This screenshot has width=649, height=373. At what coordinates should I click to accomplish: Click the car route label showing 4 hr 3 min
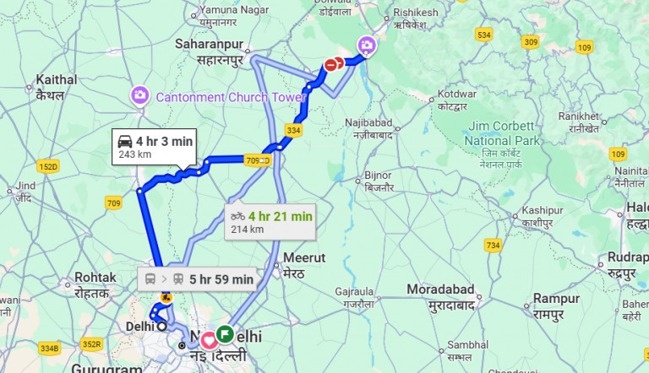(155, 148)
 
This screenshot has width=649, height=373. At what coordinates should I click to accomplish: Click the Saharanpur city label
(210, 51)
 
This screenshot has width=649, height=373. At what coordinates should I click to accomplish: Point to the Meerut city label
(304, 264)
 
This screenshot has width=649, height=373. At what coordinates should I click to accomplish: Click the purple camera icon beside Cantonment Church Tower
(139, 95)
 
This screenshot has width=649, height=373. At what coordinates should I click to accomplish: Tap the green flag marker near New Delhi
(225, 333)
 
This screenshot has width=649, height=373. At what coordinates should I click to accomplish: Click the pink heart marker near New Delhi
(209, 340)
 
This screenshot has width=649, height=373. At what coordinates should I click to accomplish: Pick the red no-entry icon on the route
(335, 64)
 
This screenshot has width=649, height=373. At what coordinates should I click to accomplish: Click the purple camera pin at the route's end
(367, 45)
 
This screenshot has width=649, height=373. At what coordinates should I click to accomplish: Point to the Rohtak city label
(95, 284)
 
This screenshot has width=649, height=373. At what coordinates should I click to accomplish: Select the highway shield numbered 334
(293, 131)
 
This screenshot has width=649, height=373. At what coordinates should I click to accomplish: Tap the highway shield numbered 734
(494, 246)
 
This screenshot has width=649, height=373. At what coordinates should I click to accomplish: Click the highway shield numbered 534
(483, 35)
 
